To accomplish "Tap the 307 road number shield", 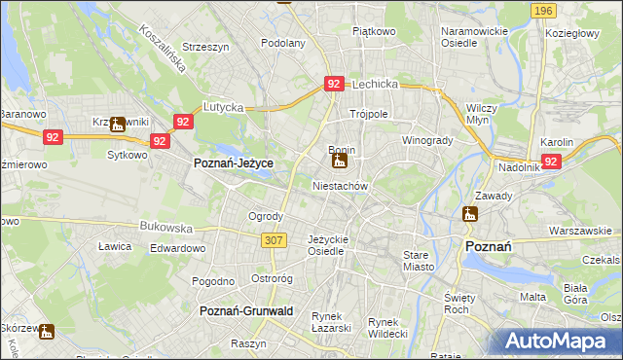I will pos(273,239).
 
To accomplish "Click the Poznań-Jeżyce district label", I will pos(233,164).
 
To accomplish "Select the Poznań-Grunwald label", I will pos(246,310).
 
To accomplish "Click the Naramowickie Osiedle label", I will pos(474,37).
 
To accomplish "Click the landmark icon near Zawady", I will pos(470,214).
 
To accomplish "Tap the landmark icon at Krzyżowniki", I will pos(117,124).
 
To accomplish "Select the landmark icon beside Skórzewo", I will pos(46,331).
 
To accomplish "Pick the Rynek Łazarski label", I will pos(331,322).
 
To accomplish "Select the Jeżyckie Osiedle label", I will pos(326,244).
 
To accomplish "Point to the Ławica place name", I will pos(115,246).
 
